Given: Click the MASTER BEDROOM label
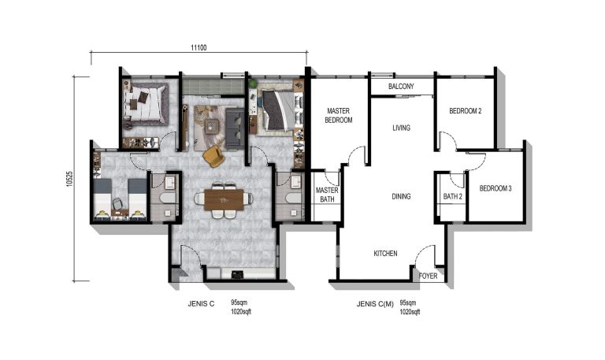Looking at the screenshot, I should tap(339, 116).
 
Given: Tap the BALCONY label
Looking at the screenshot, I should tap(401, 87).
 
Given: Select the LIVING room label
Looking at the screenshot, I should tap(401, 128).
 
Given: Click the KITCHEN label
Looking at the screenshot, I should tap(385, 254).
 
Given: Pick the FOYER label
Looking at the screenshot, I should tap(428, 276).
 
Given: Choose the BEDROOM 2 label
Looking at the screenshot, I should tap(466, 112).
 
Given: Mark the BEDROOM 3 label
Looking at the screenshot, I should tap(496, 189).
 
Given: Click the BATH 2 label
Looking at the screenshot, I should tap(452, 196).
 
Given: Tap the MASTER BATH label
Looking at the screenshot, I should tap(326, 195).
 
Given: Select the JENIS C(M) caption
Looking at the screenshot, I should tap(375, 303).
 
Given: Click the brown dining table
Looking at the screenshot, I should tap(225, 201).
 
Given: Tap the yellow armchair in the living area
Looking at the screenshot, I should tap(213, 157).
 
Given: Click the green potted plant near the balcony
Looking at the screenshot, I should tap(254, 82).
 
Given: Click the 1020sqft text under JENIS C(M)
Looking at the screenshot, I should tap(410, 312).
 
